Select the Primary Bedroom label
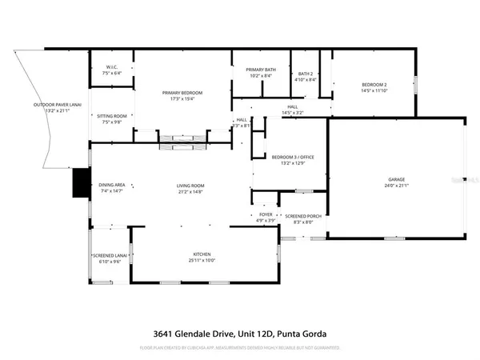(182, 94)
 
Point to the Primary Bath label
(260, 70)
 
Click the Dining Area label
(112, 186)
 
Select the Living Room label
(191, 186)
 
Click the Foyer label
(265, 214)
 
